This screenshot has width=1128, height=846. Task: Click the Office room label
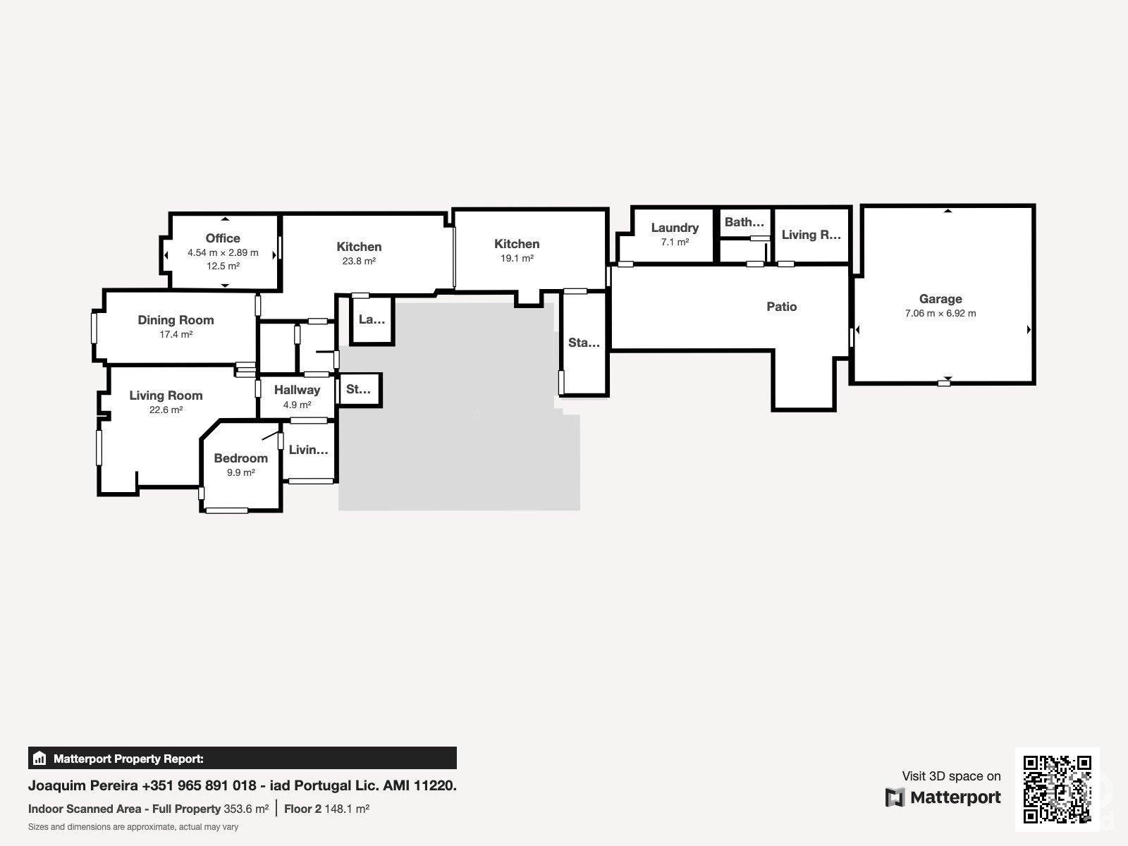pos(223,238)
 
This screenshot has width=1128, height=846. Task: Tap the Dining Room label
pos(176,320)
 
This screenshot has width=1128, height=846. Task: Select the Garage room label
pos(940,299)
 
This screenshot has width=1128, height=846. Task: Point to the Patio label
pos(782,307)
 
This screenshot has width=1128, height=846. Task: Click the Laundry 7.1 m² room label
pos(675,228)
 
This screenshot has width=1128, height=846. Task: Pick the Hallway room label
pos(297,390)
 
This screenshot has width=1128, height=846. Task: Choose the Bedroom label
pos(240,458)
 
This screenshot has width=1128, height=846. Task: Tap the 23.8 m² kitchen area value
pos(359,261)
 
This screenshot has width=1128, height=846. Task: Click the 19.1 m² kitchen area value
pos(517,258)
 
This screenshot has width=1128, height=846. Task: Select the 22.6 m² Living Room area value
pos(166,410)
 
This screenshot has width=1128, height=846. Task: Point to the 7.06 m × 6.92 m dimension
pos(940,313)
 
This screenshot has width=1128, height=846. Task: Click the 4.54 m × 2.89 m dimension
pos(223,252)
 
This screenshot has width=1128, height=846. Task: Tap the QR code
pos(1057,790)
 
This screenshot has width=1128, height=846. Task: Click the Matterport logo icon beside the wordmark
pos(895,797)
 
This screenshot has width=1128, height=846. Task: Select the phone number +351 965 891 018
pos(199,785)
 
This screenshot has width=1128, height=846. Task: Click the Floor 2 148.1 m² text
pos(327,809)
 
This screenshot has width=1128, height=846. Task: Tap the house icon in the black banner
pos(39,758)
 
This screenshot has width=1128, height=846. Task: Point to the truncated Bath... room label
pos(744,222)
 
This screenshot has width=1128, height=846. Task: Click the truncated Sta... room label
pos(584,343)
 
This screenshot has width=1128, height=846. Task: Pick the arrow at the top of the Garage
pos(948,211)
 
